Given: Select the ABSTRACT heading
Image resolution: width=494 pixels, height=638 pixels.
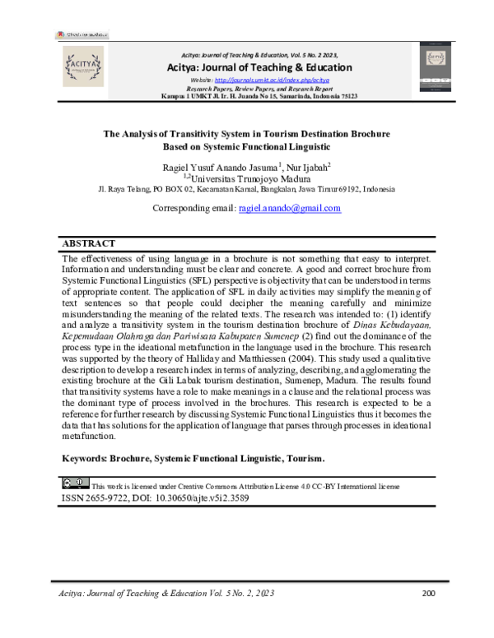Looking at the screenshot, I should click(89, 244).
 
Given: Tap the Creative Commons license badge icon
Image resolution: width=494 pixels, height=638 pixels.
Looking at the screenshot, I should click(75, 483).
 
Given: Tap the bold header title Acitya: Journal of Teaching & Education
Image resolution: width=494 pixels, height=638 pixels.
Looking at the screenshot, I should click(259, 67).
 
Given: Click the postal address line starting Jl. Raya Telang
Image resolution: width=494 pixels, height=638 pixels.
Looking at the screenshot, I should click(246, 189).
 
